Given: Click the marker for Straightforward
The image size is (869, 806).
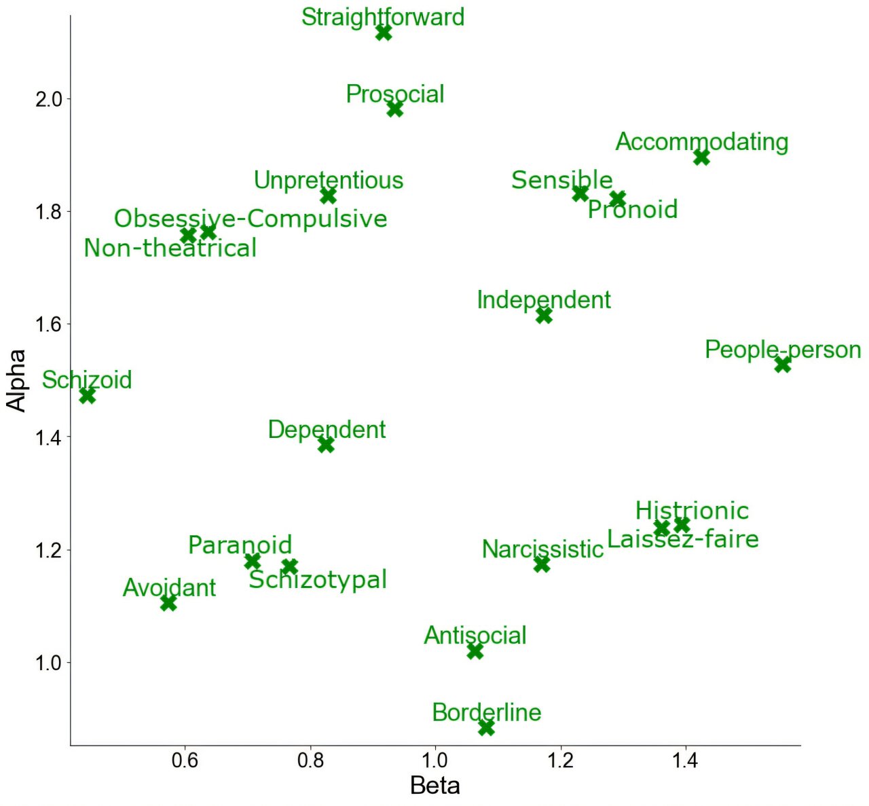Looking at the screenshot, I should point(384,32).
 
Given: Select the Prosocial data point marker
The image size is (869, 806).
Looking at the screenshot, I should point(394,109).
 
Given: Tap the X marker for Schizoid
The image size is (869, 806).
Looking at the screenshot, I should point(87,395).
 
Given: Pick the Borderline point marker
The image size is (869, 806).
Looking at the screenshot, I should point(486,728).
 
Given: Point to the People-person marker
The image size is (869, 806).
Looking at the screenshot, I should point(783,364).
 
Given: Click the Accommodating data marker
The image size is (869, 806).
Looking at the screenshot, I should point(702,157).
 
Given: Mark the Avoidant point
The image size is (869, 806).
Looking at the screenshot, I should point(168,603).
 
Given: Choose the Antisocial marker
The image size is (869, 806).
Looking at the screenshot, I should point(475,651).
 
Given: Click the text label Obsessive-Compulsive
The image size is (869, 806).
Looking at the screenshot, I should point(251,219).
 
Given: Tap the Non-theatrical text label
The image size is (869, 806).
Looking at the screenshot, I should point(170,249).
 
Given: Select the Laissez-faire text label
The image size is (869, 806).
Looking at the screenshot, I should point(683,539).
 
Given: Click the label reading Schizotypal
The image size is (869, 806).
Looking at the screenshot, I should point(318,580).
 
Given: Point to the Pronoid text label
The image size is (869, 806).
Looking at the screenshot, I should point(633,209).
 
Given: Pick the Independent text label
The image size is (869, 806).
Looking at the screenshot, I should point(544,299).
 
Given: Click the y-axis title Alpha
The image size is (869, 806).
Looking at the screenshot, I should point(16,380).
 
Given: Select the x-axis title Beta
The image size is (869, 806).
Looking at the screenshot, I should point(435,786).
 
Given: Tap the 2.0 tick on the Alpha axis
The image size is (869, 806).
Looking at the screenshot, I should point(48,99).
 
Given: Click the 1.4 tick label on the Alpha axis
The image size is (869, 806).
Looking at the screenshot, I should point(48,437).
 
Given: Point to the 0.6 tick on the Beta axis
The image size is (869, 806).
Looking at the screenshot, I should point(185,761).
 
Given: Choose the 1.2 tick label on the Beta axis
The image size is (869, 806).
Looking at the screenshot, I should point(561,761).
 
